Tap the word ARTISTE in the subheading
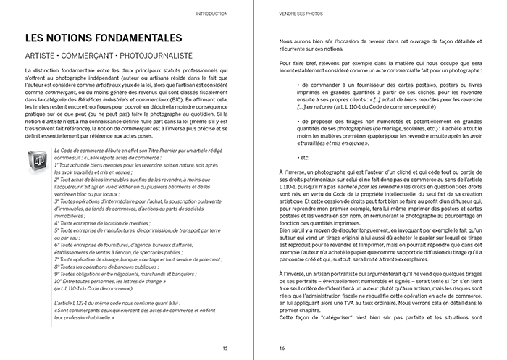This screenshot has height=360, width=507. [41, 55]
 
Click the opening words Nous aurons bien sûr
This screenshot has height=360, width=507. [298, 43]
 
